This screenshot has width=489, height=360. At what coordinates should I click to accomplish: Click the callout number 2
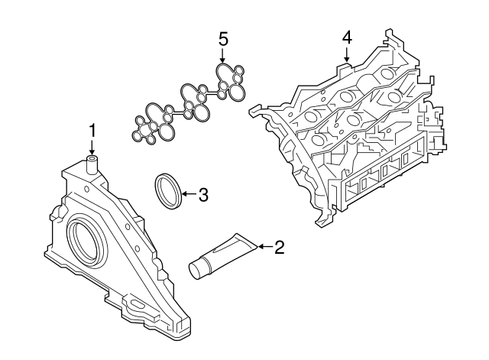point(279,247)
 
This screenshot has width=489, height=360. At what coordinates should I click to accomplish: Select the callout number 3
point(202,195)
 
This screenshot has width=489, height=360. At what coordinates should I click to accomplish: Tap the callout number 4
point(347,37)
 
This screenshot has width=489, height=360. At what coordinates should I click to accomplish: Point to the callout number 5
point(223,37)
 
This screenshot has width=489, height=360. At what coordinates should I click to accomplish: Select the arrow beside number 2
point(264,246)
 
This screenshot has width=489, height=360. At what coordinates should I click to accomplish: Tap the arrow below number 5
point(223,55)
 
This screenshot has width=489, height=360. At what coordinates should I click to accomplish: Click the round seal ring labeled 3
point(169,190)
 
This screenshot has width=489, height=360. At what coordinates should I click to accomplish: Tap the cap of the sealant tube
point(199,268)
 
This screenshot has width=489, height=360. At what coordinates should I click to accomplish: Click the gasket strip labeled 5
point(191,103)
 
